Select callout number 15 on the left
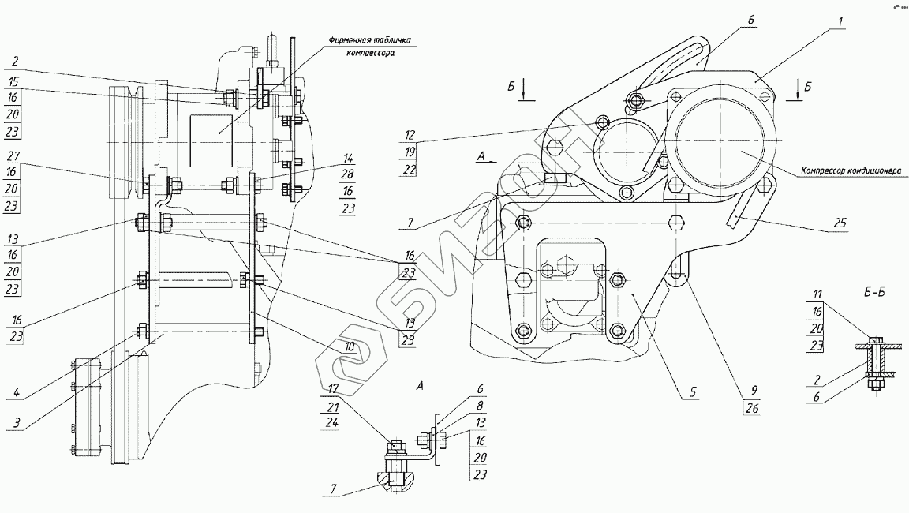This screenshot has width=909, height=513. point(14,81)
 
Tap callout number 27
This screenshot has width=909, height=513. point(14,155)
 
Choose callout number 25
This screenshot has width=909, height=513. point(839,224)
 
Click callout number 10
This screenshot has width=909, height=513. point(350,345)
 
